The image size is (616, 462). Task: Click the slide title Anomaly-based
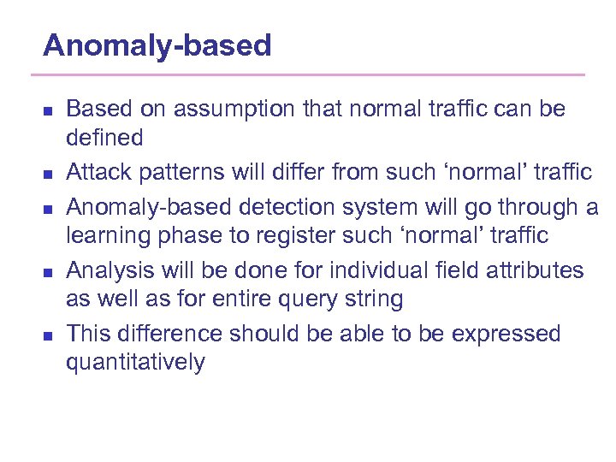[x=157, y=45]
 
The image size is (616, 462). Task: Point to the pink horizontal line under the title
[x=314, y=75]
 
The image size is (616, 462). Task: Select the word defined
[x=104, y=137]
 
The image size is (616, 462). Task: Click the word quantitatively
[x=135, y=363]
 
